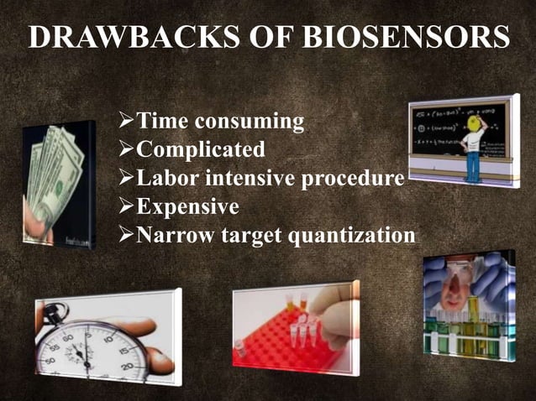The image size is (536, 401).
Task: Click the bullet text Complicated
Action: pyautogui.click(x=201, y=150)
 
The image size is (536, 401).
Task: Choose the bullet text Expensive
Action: pyautogui.click(x=187, y=206)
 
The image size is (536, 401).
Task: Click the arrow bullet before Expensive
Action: pyautogui.click(x=124, y=206)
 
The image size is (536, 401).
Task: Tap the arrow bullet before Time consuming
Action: pyautogui.click(x=124, y=122)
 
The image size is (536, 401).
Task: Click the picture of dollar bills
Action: pyautogui.click(x=58, y=180)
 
